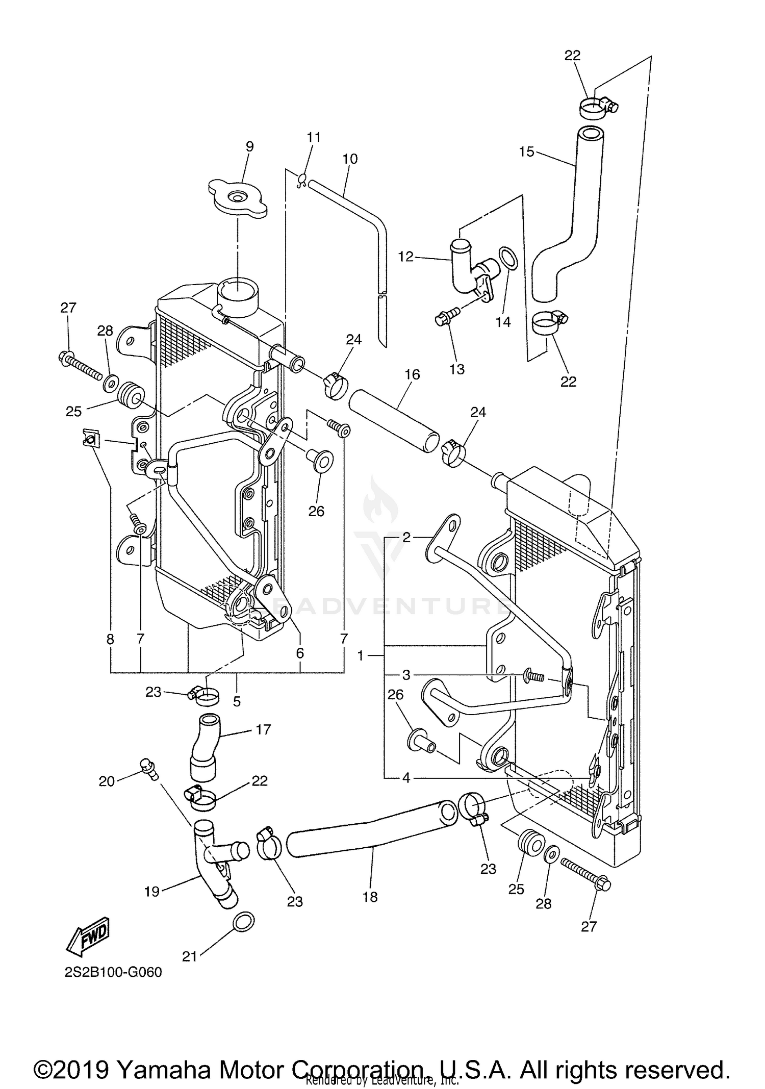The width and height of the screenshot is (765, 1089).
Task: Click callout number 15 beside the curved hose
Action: pos(526,151)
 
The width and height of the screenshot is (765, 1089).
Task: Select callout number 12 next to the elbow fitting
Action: pos(405,257)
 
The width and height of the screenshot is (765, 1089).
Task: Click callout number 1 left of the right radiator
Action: pos(361,656)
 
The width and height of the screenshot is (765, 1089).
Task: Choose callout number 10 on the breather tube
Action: pos(350,159)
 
